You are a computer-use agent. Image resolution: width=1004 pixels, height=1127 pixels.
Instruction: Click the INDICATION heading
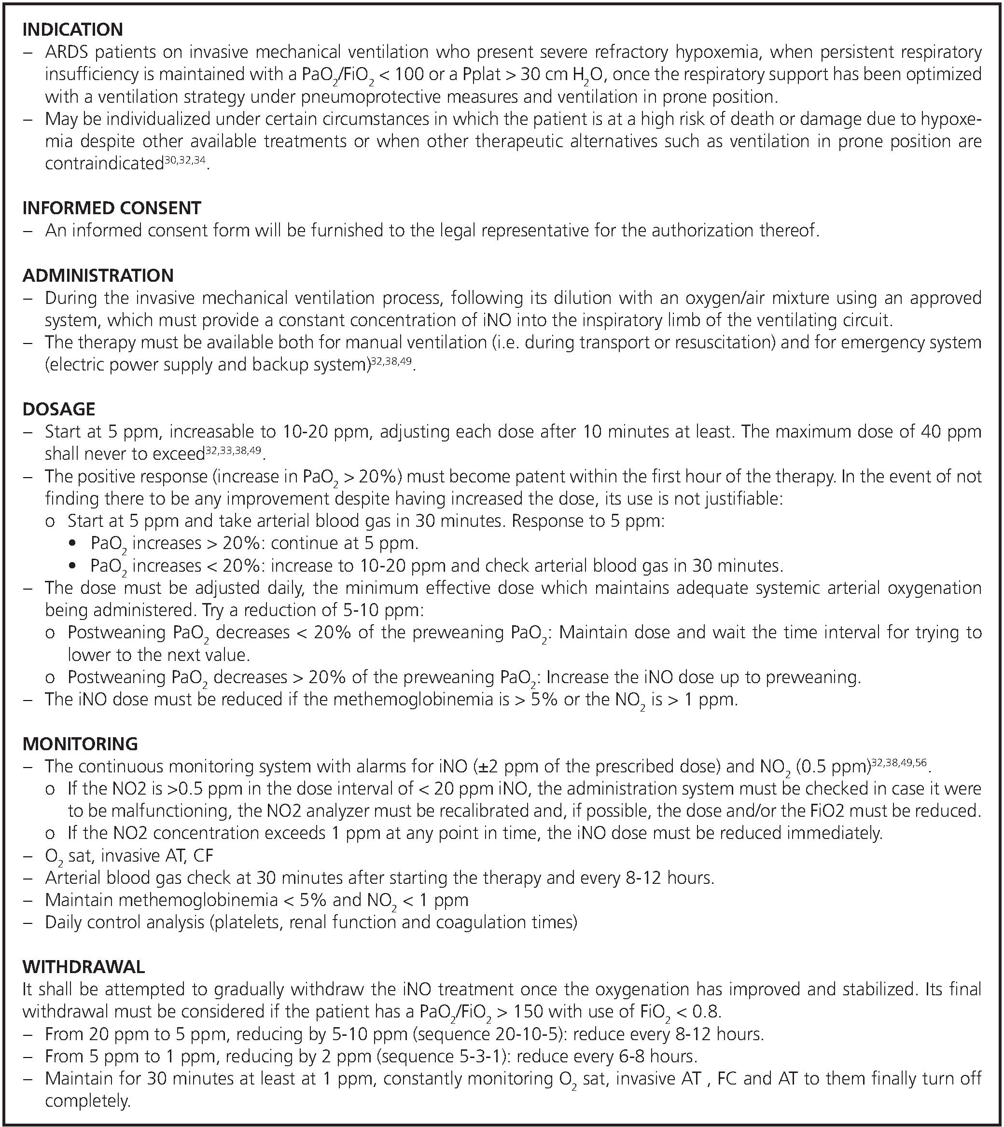coord(72,29)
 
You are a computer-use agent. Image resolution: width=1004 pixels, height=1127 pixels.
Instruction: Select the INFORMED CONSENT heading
coord(112,208)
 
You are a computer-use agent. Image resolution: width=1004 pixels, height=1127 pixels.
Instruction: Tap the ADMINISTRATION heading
coord(98,275)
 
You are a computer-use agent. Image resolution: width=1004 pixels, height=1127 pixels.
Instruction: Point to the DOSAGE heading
coord(58,409)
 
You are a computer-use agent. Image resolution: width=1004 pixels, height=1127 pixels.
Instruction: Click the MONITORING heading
coord(80,744)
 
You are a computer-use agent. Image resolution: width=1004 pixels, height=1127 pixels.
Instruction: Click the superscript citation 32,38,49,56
coord(899,763)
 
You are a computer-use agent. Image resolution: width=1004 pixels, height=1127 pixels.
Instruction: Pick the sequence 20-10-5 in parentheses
coord(528,1034)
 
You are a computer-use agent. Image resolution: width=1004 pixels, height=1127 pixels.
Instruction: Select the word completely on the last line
coord(86,1101)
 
